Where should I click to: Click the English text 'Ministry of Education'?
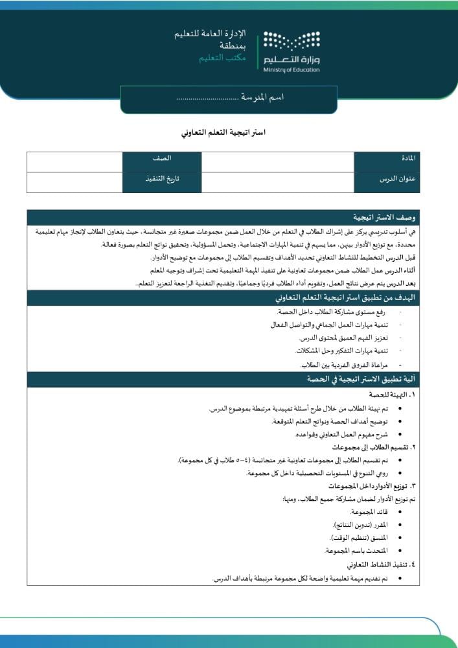click(292, 70)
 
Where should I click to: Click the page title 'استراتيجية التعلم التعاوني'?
click(223, 132)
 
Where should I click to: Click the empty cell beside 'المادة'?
click(277, 162)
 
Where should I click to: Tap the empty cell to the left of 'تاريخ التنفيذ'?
click(74, 182)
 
